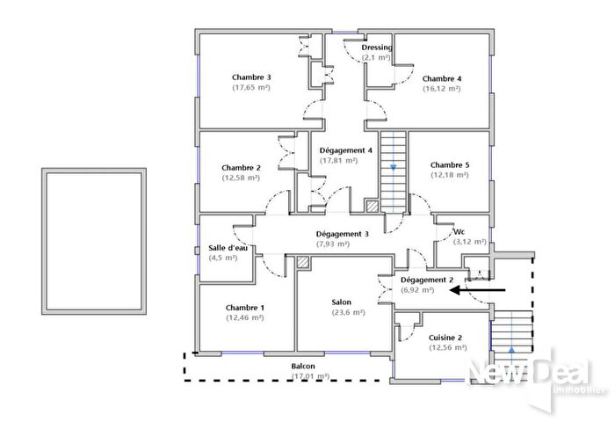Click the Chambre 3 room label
[251, 77]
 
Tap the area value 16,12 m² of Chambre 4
[441, 89]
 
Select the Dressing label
[377, 47]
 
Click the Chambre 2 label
[241, 167]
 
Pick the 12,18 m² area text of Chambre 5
[450, 176]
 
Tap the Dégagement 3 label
[342, 234]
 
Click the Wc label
[459, 232]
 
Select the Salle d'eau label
[228, 248]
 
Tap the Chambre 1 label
[244, 307]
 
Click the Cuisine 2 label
[445, 338]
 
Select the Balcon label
[303, 366]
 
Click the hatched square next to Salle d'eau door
[303, 262]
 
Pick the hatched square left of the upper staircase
[372, 207]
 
